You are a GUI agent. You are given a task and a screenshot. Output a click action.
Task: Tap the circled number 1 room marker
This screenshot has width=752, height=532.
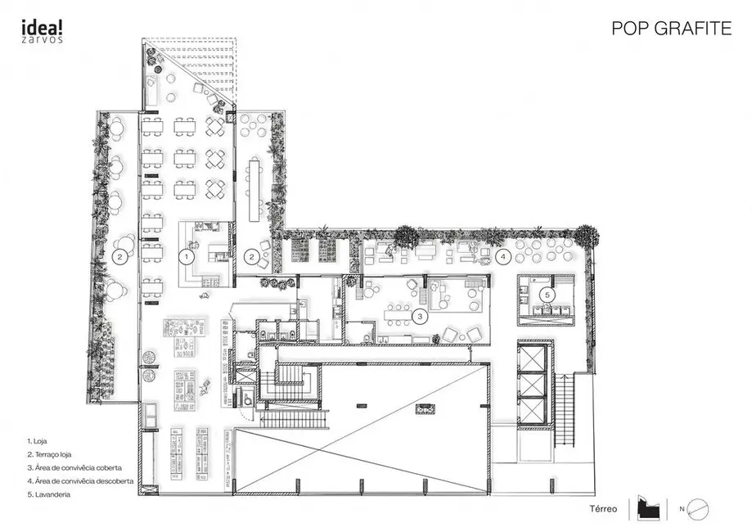click(x=187, y=256)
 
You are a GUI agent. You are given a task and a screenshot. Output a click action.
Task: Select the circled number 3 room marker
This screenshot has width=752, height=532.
click(x=420, y=315)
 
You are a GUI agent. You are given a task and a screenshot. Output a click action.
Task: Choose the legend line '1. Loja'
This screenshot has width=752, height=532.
click(x=38, y=440)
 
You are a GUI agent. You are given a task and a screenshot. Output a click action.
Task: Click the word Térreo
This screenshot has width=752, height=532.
click(x=603, y=508)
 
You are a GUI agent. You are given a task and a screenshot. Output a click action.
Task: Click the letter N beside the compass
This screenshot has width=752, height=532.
click(x=681, y=509)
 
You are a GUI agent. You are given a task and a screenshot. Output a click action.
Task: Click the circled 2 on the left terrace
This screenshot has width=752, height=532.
click(x=119, y=256)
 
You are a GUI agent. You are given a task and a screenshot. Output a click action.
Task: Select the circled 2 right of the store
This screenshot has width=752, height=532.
click(x=253, y=256)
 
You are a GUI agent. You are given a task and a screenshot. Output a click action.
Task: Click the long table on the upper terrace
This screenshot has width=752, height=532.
click(x=253, y=188)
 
